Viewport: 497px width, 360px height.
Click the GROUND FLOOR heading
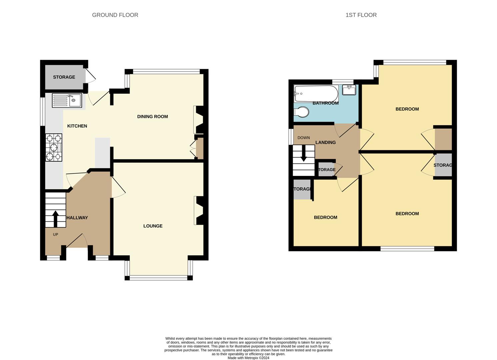pyautogui.click(x=115, y=15)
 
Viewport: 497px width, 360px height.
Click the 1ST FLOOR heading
pyautogui.click(x=361, y=15)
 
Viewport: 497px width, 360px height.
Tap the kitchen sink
pyautogui.click(x=67, y=100)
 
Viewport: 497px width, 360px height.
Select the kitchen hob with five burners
pyautogui.click(x=54, y=147)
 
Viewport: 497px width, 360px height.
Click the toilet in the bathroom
pyautogui.click(x=301, y=112)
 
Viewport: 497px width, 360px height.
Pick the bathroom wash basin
pyautogui.click(x=349, y=90)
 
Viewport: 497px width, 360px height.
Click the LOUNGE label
pyautogui.click(x=153, y=226)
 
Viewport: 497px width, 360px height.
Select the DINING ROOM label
pyautogui.click(x=153, y=117)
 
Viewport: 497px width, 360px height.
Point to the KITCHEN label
pyautogui.click(x=77, y=126)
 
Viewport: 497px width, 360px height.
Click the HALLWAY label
pyautogui.click(x=77, y=218)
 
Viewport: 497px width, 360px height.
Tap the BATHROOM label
pyautogui.click(x=325, y=103)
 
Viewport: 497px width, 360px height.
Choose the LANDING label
pyautogui.click(x=325, y=142)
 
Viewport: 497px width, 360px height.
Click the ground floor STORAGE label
pyautogui.click(x=64, y=77)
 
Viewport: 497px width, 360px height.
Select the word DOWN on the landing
pyautogui.click(x=303, y=138)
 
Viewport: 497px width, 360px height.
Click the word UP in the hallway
pyautogui.click(x=55, y=235)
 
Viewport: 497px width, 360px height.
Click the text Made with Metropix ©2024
pyautogui.click(x=248, y=358)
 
